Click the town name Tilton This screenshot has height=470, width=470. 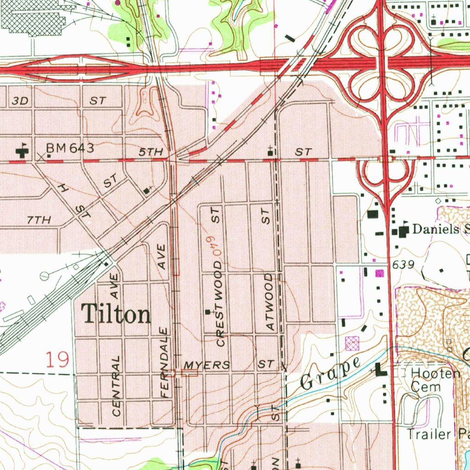[x=116, y=315]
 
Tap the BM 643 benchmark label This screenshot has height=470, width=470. [x=70, y=148]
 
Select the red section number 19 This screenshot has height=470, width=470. [x=58, y=359]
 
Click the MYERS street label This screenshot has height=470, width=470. [x=207, y=365]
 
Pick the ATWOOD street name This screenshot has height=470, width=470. [x=269, y=302]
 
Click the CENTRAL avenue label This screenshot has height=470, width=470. [x=117, y=386]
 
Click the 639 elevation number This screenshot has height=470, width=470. [x=403, y=265]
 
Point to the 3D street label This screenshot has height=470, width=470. [x=21, y=101]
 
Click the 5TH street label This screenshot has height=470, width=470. [x=151, y=152]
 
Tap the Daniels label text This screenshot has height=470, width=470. [x=436, y=229]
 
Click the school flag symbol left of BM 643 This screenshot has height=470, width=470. [x=21, y=150]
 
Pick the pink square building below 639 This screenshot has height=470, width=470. [x=379, y=274]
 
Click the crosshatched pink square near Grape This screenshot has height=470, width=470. [x=352, y=342]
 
